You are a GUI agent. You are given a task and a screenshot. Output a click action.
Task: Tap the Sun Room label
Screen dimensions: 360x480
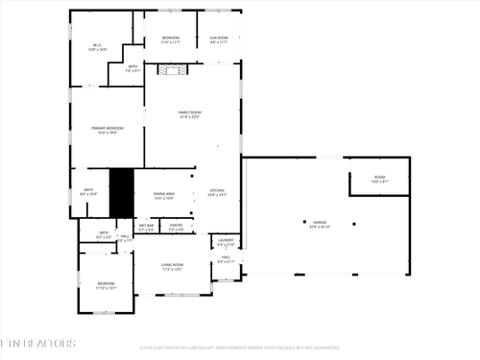219,39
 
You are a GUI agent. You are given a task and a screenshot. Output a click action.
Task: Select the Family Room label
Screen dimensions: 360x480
189,114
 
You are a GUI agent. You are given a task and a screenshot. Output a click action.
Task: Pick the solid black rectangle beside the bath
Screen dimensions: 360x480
121,193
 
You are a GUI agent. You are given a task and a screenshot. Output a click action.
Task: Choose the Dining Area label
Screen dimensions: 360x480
164,196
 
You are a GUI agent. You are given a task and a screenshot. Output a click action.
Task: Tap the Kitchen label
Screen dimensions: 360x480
217,192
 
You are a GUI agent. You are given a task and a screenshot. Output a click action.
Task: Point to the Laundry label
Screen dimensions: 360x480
226,242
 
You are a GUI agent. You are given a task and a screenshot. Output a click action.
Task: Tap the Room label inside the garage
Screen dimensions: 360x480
379,180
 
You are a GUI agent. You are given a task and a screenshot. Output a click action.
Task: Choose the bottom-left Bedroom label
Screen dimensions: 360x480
105,285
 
